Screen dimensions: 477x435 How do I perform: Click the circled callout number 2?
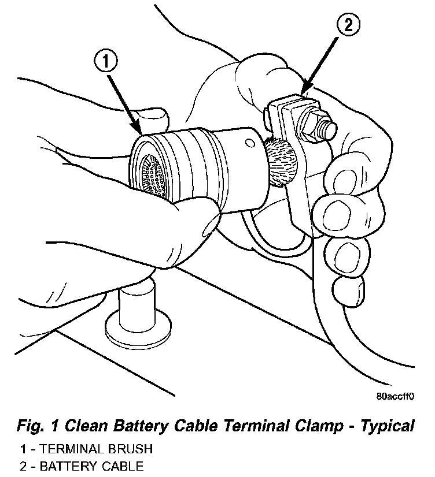[347, 26]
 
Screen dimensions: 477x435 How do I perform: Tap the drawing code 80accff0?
[396, 397]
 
